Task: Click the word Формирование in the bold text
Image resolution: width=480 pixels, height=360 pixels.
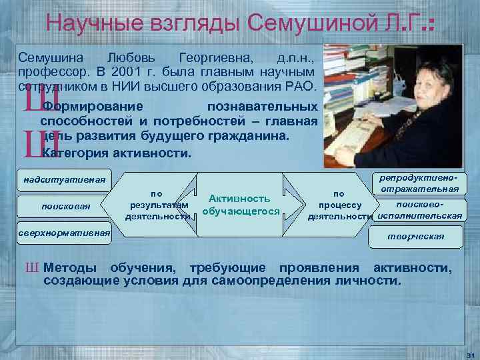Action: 91,107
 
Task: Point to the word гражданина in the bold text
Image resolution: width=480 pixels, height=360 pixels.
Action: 253,136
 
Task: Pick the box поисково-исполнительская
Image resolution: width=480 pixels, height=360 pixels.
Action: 420,211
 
